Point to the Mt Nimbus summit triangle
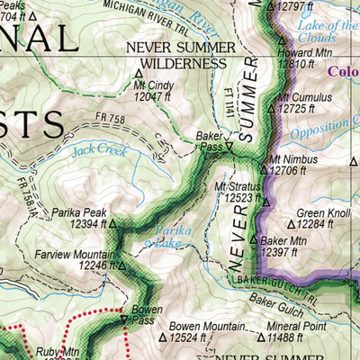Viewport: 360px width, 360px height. pos(265,159)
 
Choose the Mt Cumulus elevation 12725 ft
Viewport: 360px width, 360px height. pos(304,108)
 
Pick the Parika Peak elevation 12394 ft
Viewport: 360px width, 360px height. pos(79,224)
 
